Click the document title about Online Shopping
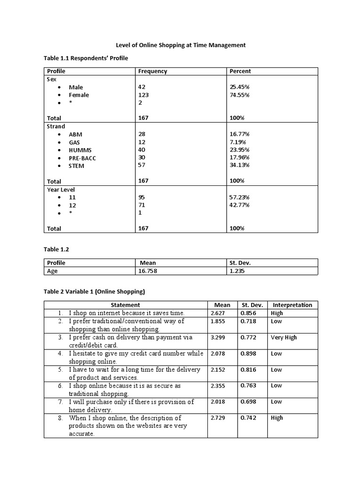(181, 45)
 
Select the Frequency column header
(152, 71)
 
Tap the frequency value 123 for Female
(143, 95)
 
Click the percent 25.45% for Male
(239, 87)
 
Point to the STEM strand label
(76, 166)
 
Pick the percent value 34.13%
(239, 165)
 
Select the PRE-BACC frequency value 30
(142, 157)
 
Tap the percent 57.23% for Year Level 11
(239, 197)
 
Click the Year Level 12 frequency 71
(142, 205)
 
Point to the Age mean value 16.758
(147, 271)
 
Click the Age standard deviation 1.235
(237, 271)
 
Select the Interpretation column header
(292, 305)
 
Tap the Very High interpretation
(284, 338)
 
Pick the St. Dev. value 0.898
(248, 354)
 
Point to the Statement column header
(125, 305)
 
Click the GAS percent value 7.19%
(238, 142)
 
